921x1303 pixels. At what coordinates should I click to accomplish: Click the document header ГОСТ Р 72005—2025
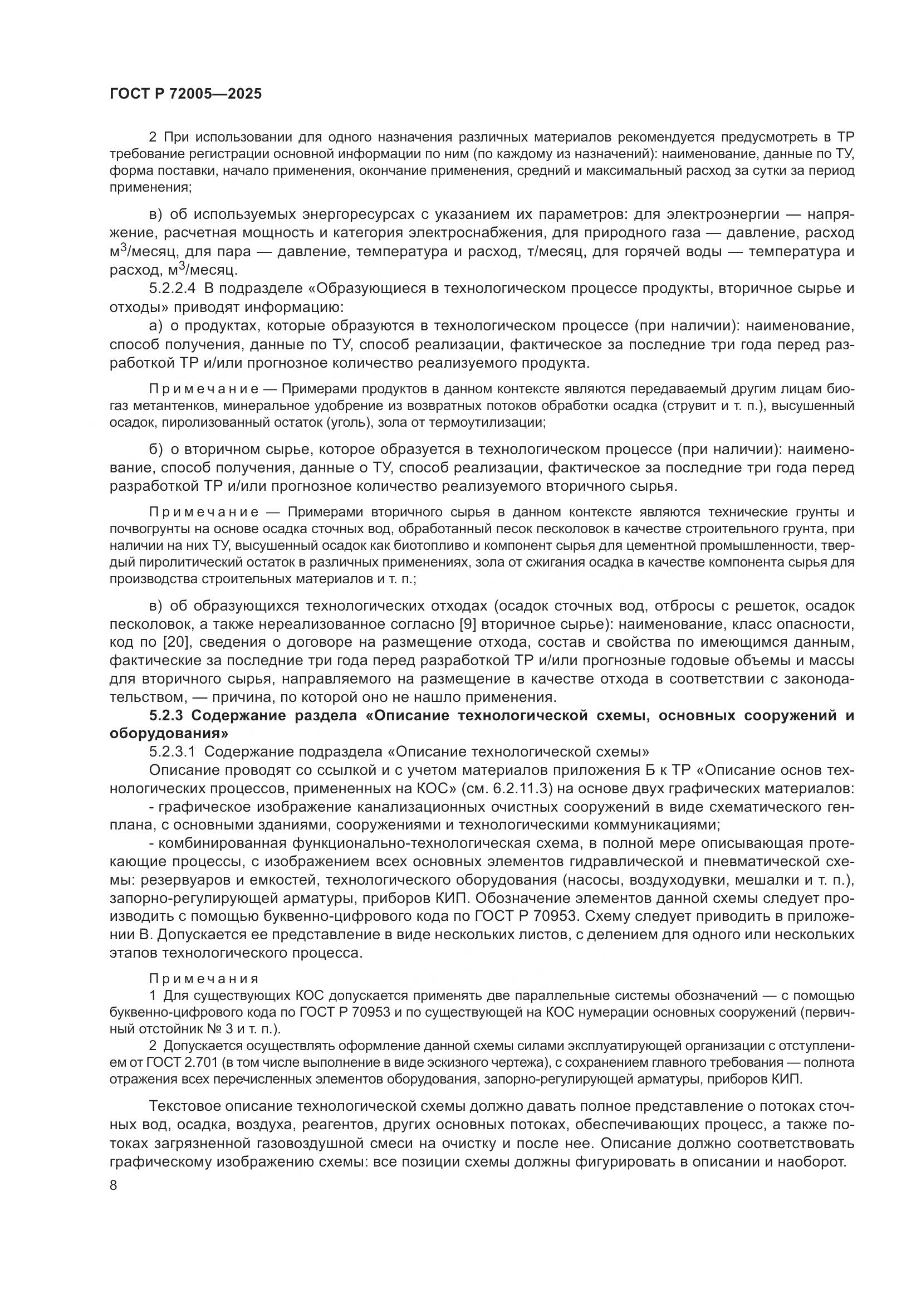tap(185, 94)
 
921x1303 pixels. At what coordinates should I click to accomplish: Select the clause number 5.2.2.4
tap(173, 289)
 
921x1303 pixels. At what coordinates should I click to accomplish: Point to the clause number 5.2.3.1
tap(173, 752)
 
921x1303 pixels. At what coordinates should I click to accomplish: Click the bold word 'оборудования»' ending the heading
tap(164, 734)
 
